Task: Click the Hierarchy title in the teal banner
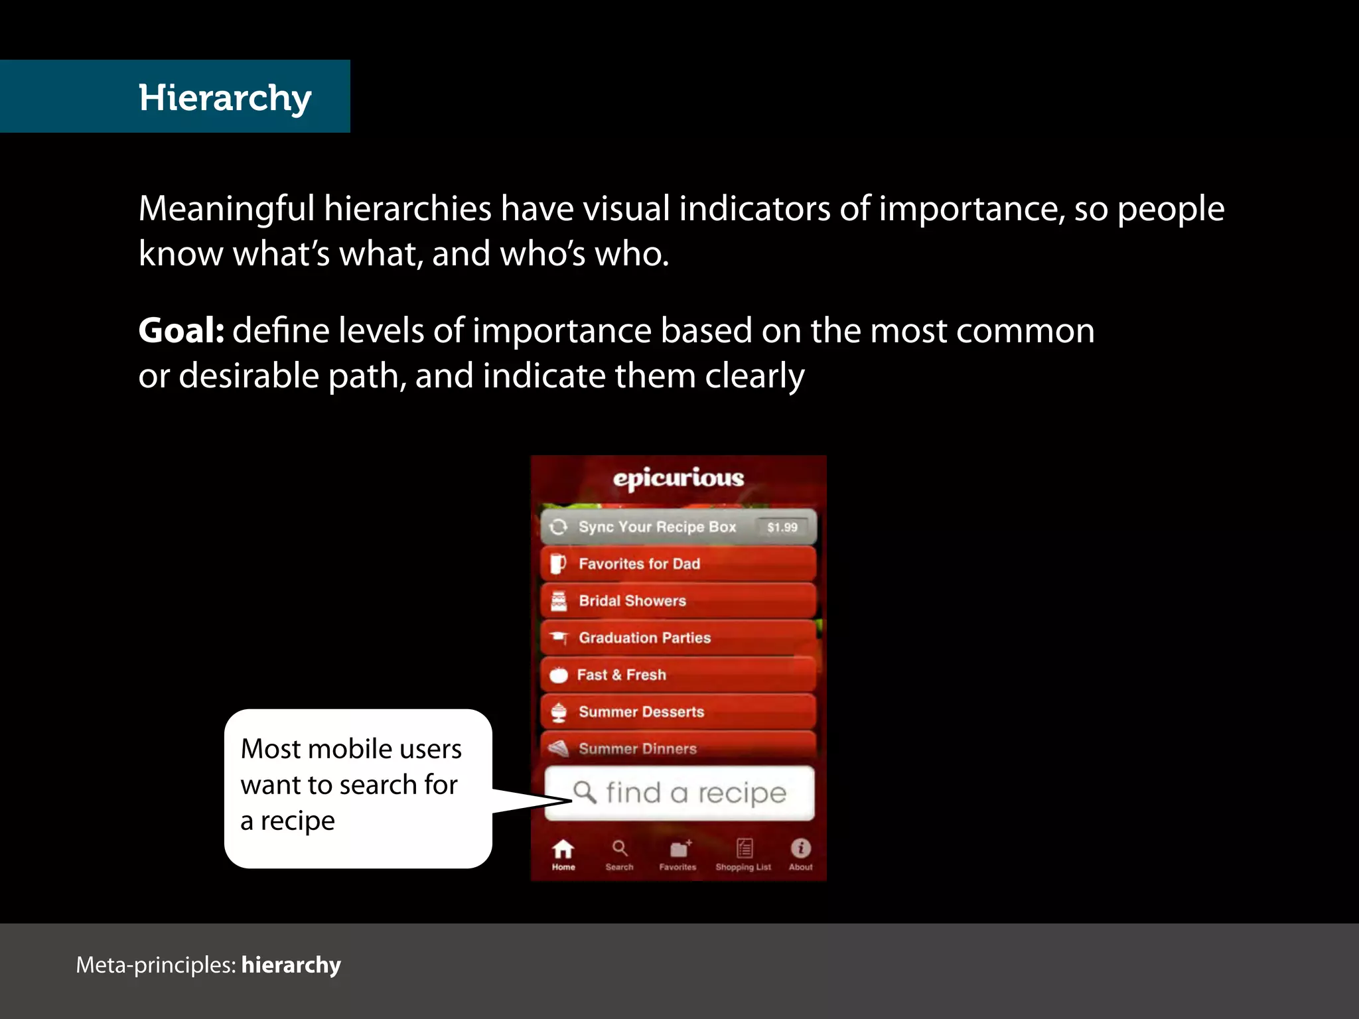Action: (x=225, y=98)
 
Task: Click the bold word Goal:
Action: (x=181, y=330)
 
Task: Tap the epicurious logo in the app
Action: (x=678, y=478)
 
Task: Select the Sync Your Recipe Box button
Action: (x=657, y=527)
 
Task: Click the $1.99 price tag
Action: (x=782, y=527)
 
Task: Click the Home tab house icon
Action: (x=563, y=849)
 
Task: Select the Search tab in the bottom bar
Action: (x=620, y=854)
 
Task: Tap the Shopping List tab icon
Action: (x=744, y=849)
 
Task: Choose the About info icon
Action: (x=801, y=849)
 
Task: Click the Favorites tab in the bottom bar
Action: (x=678, y=854)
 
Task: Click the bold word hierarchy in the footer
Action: (x=291, y=965)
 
